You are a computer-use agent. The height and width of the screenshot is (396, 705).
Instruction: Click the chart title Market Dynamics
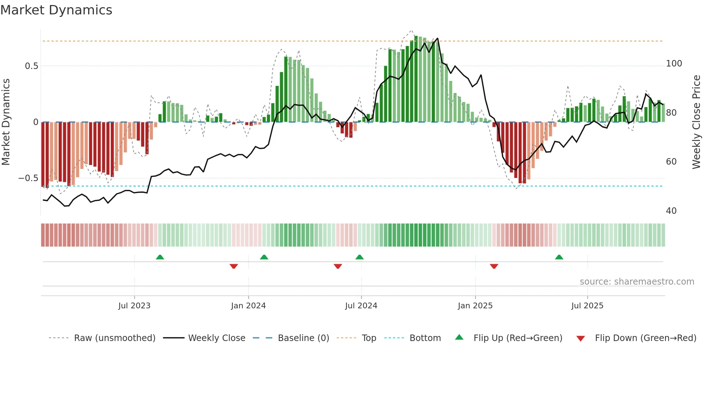pyautogui.click(x=56, y=10)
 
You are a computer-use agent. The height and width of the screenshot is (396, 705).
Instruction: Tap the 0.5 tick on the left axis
pyautogui.click(x=31, y=66)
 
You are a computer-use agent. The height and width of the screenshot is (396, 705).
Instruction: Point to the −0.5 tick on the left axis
pyautogui.click(x=28, y=178)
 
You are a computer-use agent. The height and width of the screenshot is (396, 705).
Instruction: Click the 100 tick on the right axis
pyautogui.click(x=674, y=64)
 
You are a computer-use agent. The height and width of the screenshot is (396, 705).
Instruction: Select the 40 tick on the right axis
pyautogui.click(x=671, y=211)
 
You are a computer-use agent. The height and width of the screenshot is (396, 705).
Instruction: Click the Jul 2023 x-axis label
pyautogui.click(x=134, y=306)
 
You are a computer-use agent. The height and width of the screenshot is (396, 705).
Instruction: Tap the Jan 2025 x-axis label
pyautogui.click(x=475, y=306)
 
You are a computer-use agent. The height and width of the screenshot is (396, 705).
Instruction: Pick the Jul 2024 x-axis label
pyautogui.click(x=361, y=306)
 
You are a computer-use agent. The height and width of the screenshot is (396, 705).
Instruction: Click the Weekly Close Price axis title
pyautogui.click(x=696, y=122)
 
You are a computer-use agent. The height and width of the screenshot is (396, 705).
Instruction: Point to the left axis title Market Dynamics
pyautogui.click(x=6, y=122)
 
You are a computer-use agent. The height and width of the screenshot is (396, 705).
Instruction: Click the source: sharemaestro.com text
pyautogui.click(x=637, y=282)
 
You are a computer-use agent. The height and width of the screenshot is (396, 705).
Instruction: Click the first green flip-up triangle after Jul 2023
pyautogui.click(x=160, y=257)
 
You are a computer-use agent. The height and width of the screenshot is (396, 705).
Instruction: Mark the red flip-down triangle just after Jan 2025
pyautogui.click(x=494, y=266)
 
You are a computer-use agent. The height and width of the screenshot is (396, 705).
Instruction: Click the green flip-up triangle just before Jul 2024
pyautogui.click(x=359, y=257)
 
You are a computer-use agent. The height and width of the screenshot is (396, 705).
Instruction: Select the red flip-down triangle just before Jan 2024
pyautogui.click(x=234, y=266)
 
